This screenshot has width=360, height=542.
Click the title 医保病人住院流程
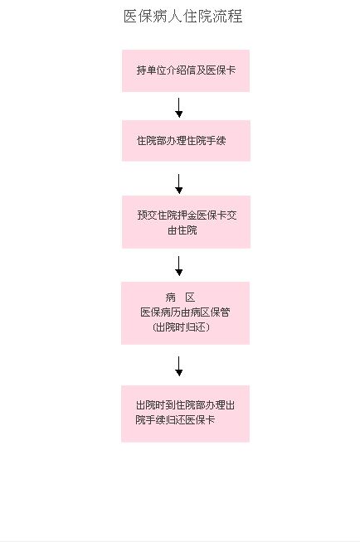183,17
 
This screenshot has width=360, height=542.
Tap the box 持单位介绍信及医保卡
186,71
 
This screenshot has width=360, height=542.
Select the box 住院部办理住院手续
186,141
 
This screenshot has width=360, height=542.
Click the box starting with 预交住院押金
186,222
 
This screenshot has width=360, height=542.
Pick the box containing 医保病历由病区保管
185,313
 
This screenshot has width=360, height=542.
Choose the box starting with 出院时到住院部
185,414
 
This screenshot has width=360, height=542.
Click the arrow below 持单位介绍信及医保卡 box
179,108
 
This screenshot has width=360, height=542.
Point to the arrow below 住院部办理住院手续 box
179,184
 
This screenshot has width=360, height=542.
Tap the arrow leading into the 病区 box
179,266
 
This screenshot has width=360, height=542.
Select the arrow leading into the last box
179,366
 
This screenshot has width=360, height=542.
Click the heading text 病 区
180,297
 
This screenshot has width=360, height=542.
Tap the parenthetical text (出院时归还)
181,327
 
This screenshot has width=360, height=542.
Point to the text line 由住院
182,230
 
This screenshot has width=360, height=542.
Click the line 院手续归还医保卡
175,420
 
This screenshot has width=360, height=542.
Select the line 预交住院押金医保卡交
187,215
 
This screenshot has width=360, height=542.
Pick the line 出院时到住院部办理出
185,404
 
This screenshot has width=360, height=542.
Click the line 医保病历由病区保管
185,312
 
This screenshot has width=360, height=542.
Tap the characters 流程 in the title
227,17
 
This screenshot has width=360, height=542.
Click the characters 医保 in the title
138,17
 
